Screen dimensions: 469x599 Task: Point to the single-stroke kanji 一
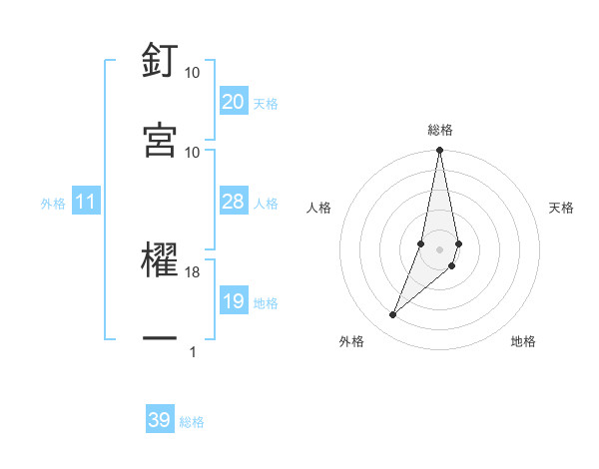160,340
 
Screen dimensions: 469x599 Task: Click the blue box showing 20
234,102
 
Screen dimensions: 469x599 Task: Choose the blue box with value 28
234,203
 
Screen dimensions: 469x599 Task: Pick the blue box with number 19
234,301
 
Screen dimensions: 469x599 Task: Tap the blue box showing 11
86,203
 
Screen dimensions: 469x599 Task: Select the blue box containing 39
160,420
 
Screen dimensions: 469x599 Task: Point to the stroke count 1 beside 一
193,351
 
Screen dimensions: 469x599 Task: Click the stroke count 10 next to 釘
193,73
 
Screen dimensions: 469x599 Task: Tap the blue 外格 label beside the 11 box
53,204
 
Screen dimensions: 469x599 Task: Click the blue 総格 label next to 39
192,421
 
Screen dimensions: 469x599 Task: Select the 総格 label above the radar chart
440,130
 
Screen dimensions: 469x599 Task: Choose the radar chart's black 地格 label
523,341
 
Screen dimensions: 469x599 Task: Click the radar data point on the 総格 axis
439,151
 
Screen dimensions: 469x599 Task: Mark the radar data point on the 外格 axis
392,315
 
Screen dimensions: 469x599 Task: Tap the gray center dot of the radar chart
439,248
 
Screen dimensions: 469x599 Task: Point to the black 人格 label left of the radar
319,208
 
